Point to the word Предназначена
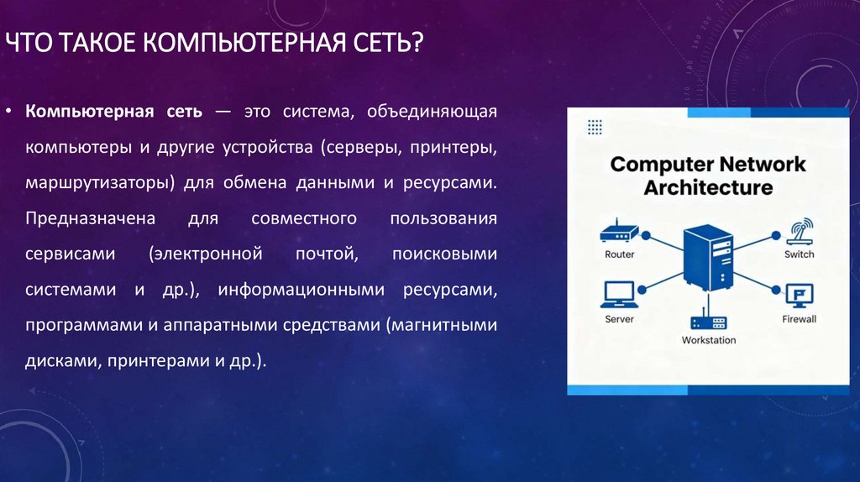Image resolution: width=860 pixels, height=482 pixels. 90,218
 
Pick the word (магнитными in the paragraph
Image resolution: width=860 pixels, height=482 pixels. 442,325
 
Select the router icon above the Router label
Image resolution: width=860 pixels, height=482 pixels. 619,232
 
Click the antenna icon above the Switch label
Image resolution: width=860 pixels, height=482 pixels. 799,230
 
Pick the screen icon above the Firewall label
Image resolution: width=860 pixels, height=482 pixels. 799,295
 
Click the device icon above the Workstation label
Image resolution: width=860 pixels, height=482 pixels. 708,322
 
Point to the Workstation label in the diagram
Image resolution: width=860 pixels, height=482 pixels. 708,340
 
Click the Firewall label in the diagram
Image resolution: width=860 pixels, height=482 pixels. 799,319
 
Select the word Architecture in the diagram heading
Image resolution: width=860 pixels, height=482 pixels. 708,186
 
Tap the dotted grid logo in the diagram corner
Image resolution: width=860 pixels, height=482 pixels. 595,127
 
